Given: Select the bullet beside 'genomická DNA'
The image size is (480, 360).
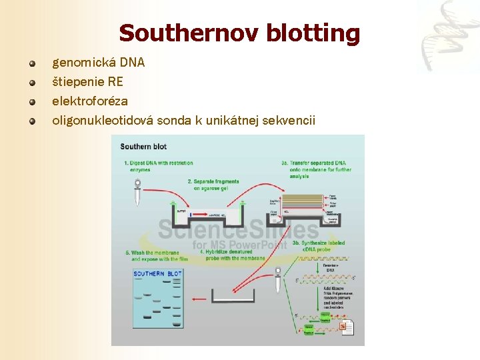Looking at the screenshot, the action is pos(31,64).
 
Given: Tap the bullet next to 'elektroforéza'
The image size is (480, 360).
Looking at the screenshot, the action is pos(31,102).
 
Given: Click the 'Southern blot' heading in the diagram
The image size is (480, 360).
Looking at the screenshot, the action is pos(143,146).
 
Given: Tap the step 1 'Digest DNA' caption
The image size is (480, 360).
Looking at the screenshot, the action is pos(159,166).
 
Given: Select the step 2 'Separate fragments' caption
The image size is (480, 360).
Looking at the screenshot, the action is pos(214,185).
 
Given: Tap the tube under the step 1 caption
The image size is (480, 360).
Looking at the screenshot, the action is pos(137,196).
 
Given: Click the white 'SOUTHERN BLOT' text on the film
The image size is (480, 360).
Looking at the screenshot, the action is pos(157,274).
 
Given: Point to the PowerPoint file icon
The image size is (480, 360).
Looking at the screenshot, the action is pos(347,327).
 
